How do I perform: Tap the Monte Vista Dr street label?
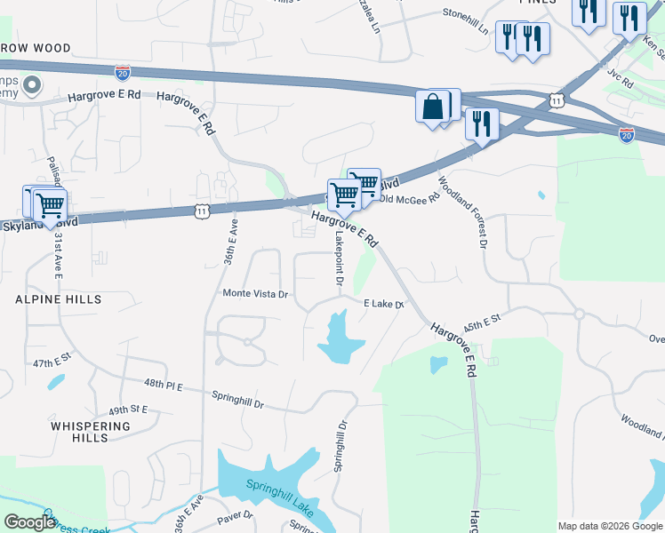256,294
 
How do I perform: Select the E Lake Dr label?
384,304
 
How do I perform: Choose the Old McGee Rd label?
409,200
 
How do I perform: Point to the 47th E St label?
52,364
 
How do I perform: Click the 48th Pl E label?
164,384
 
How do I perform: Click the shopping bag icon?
432,107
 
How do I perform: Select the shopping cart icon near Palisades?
50,205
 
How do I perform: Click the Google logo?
29,522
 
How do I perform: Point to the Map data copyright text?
609,526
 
